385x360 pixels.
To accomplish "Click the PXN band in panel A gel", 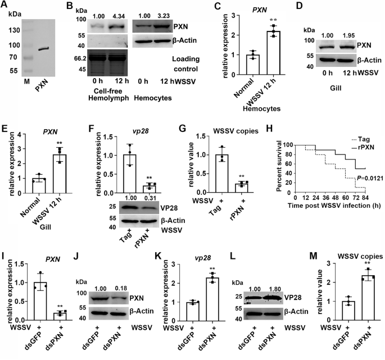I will click(43, 49).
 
